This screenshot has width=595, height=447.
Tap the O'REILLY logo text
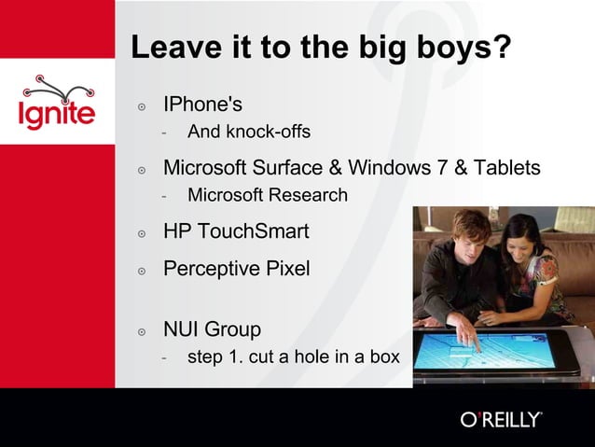tap(501, 419)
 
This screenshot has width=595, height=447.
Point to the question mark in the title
tap(503, 48)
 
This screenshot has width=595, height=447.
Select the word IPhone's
tap(202, 104)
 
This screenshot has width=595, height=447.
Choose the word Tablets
tap(506, 168)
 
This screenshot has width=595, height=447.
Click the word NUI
tap(181, 329)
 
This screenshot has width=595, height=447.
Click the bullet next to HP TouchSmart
tap(142, 233)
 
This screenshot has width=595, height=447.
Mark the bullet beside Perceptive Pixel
tap(142, 271)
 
